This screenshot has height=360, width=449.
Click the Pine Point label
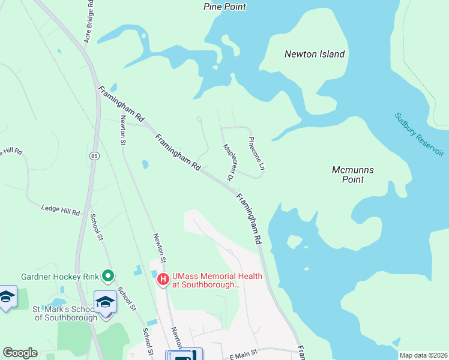click(x=224, y=7)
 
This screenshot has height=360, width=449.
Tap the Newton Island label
click(x=315, y=54)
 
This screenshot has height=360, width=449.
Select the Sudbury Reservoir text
click(x=420, y=134)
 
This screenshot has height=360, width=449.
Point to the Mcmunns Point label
click(x=353, y=175)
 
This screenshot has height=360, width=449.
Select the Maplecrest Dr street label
click(x=228, y=162)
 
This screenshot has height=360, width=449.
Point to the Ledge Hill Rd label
click(x=61, y=211)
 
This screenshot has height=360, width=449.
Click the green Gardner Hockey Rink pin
click(x=108, y=276)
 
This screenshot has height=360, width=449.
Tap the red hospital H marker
click(x=163, y=279)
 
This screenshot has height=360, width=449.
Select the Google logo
click(x=20, y=353)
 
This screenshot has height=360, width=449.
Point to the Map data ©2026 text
click(x=423, y=355)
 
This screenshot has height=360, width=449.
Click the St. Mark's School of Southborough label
click(x=64, y=313)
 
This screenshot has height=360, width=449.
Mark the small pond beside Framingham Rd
click(x=145, y=164)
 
